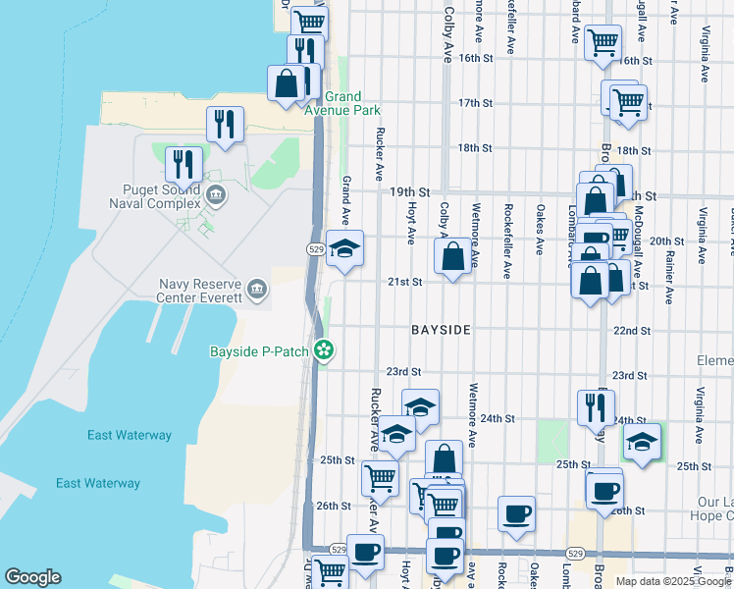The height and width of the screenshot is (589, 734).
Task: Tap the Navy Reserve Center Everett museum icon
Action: point(257,288)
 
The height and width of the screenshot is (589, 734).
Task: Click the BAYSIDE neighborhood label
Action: point(441,331)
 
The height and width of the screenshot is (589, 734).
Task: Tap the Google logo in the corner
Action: point(32,577)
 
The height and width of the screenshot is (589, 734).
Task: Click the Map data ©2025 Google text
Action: point(672,581)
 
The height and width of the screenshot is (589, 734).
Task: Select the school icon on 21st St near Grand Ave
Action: point(344,249)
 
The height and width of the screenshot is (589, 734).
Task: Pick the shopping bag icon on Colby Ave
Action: point(452,257)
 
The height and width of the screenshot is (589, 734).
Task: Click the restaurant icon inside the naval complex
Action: point(183,164)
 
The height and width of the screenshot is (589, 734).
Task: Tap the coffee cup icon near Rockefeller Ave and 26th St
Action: point(516,512)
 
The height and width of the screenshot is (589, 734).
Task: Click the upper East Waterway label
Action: point(129,435)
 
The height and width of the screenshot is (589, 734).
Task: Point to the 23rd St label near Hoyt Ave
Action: point(402,372)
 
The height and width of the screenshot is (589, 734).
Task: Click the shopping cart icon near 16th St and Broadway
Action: point(602,42)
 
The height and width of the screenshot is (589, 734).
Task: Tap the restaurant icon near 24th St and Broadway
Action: point(596,406)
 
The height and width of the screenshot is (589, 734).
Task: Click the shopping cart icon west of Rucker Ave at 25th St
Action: point(380,478)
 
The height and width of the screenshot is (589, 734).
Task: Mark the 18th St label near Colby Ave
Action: point(474,148)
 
